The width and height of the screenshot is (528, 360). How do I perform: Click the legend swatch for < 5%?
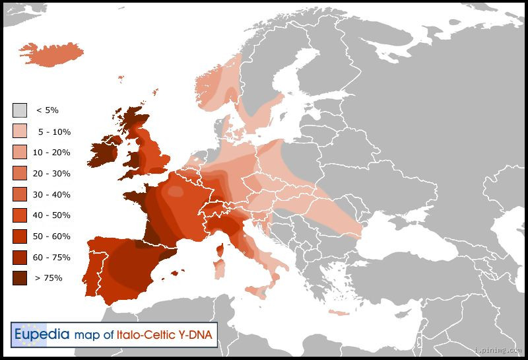[x=20, y=110]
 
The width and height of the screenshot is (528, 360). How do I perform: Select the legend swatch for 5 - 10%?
[x=20, y=131]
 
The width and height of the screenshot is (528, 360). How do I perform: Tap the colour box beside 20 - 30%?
[x=20, y=173]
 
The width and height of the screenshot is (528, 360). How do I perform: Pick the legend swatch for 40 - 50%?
[x=20, y=215]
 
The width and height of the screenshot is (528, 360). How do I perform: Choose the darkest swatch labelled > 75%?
[x=20, y=278]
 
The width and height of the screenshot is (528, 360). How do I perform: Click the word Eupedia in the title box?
[x=42, y=334]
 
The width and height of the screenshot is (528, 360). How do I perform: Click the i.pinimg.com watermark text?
[x=499, y=350]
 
